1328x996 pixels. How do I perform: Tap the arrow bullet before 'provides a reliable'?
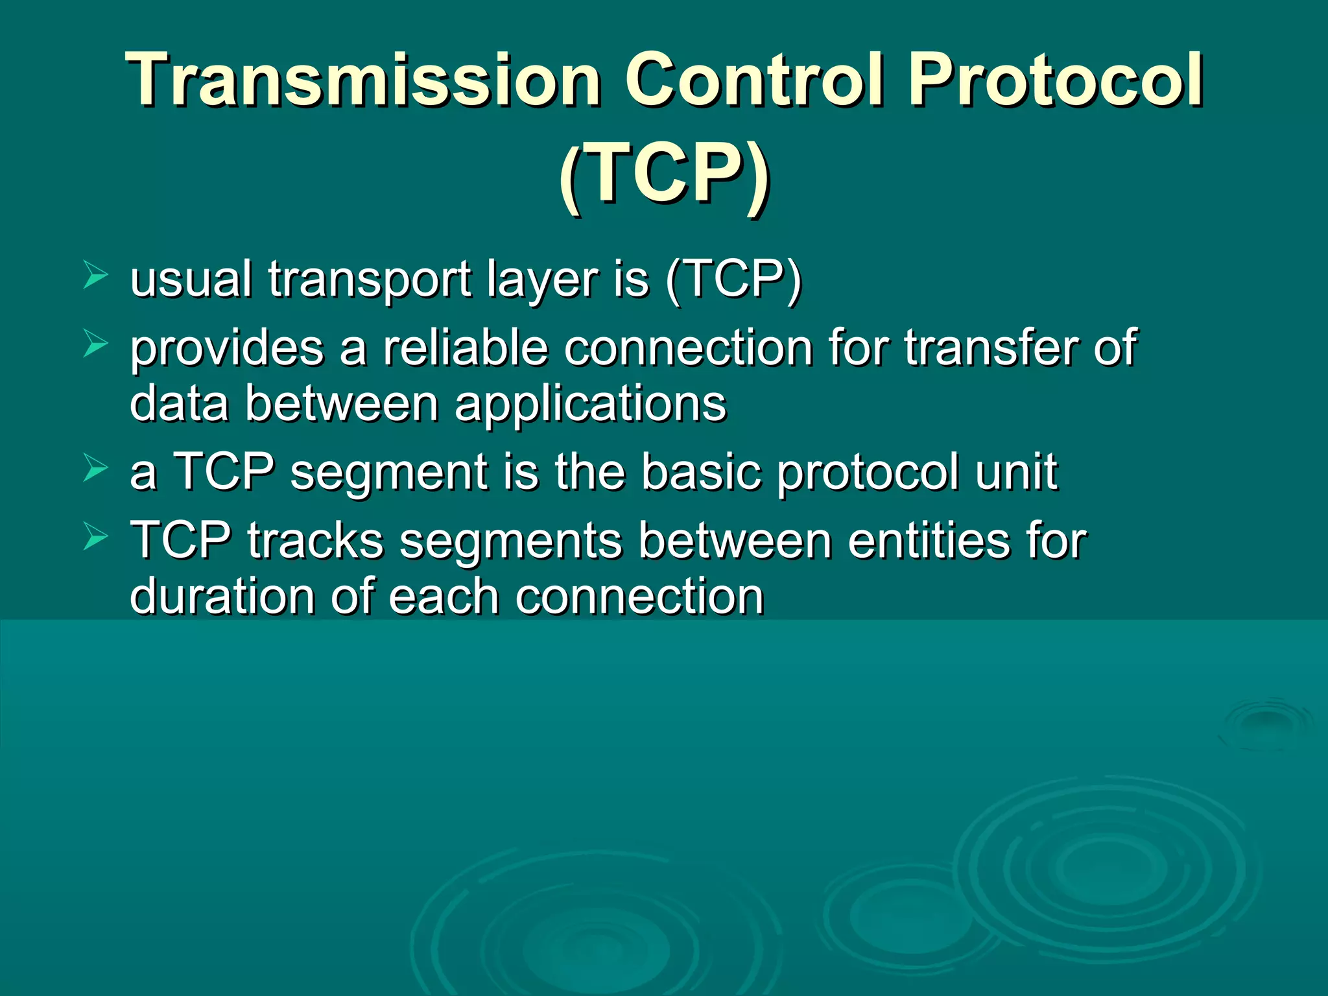coord(95,344)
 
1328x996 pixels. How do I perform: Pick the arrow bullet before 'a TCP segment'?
coord(95,468)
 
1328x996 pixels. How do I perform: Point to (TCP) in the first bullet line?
coord(733,280)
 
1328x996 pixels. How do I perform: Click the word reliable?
coord(465,348)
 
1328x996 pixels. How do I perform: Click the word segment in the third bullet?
coord(388,473)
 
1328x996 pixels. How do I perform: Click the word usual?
coord(191,280)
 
